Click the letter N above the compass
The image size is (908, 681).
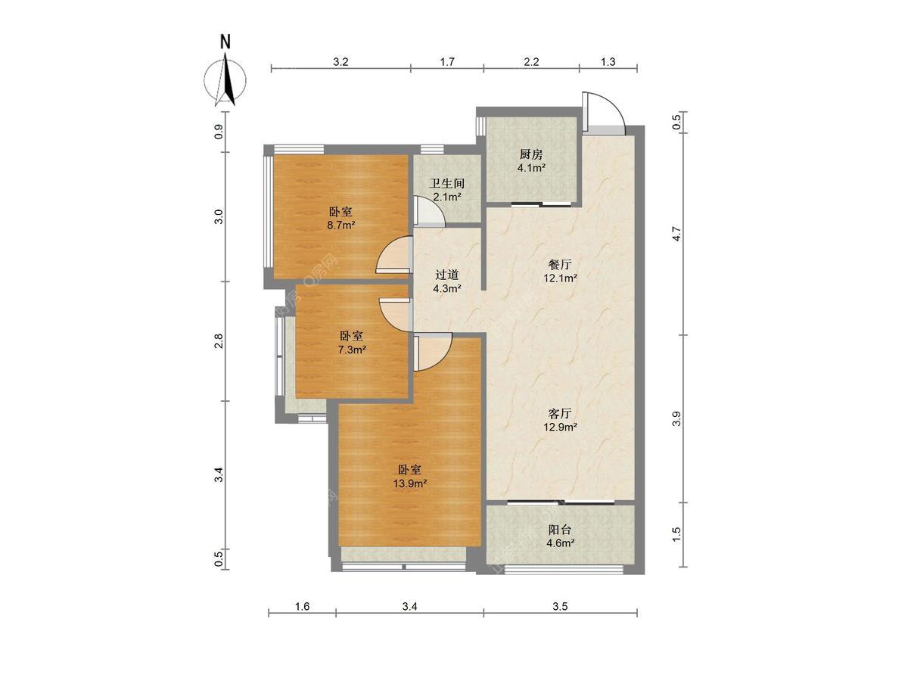(x=225, y=42)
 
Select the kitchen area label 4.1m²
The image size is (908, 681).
(x=531, y=168)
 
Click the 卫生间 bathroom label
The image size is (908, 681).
(x=447, y=183)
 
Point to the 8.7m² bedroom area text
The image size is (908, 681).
(x=341, y=225)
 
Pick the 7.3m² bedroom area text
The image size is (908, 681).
(x=352, y=350)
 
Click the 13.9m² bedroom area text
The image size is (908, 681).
(x=410, y=484)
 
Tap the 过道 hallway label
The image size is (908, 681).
(x=447, y=275)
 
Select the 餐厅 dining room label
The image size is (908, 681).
(x=560, y=264)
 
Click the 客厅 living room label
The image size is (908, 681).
(x=560, y=413)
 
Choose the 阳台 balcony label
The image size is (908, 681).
(x=560, y=530)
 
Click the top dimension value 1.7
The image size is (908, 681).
(x=448, y=62)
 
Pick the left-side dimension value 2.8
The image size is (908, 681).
(x=219, y=341)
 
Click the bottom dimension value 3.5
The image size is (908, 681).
(x=560, y=607)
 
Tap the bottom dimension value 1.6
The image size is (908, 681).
(x=302, y=607)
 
